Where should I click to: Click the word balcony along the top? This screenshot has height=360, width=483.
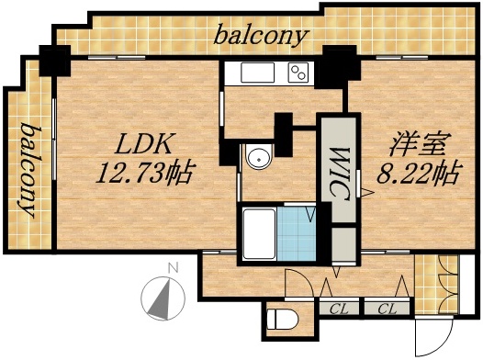point(261,37)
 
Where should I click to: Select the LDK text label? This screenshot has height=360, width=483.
point(143,145)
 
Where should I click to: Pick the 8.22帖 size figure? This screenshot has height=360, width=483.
point(418,172)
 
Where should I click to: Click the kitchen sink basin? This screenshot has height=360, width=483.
point(253,73)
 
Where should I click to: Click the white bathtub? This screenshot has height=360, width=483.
point(258,235)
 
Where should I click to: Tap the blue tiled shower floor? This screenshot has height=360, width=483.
point(295,235)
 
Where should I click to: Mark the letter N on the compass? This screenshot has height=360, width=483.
point(171,268)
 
